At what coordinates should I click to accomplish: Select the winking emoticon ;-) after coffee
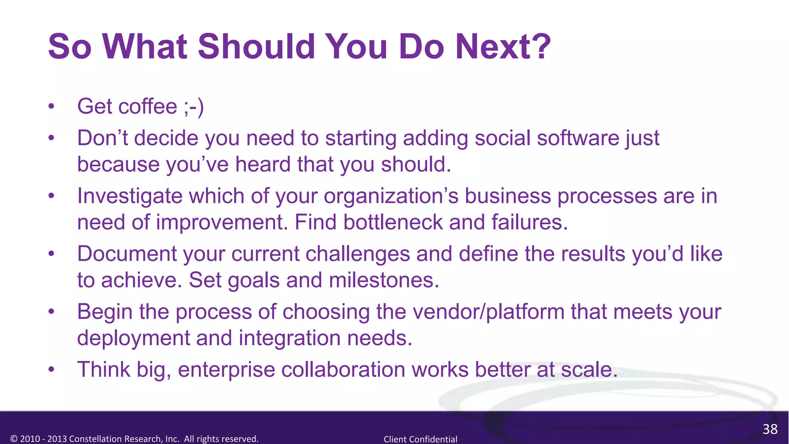point(194,107)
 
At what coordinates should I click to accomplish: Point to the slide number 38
point(770,429)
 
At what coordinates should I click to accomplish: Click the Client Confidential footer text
point(420,439)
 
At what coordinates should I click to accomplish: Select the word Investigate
point(129,196)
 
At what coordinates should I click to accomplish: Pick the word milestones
point(384,280)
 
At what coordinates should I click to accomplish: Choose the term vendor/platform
point(489,312)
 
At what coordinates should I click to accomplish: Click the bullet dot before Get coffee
point(51,107)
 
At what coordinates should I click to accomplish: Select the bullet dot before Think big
point(51,370)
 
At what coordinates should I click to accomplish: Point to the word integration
point(290,338)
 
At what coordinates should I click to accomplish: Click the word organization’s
point(391,196)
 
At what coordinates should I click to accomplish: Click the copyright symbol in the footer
point(14,439)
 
